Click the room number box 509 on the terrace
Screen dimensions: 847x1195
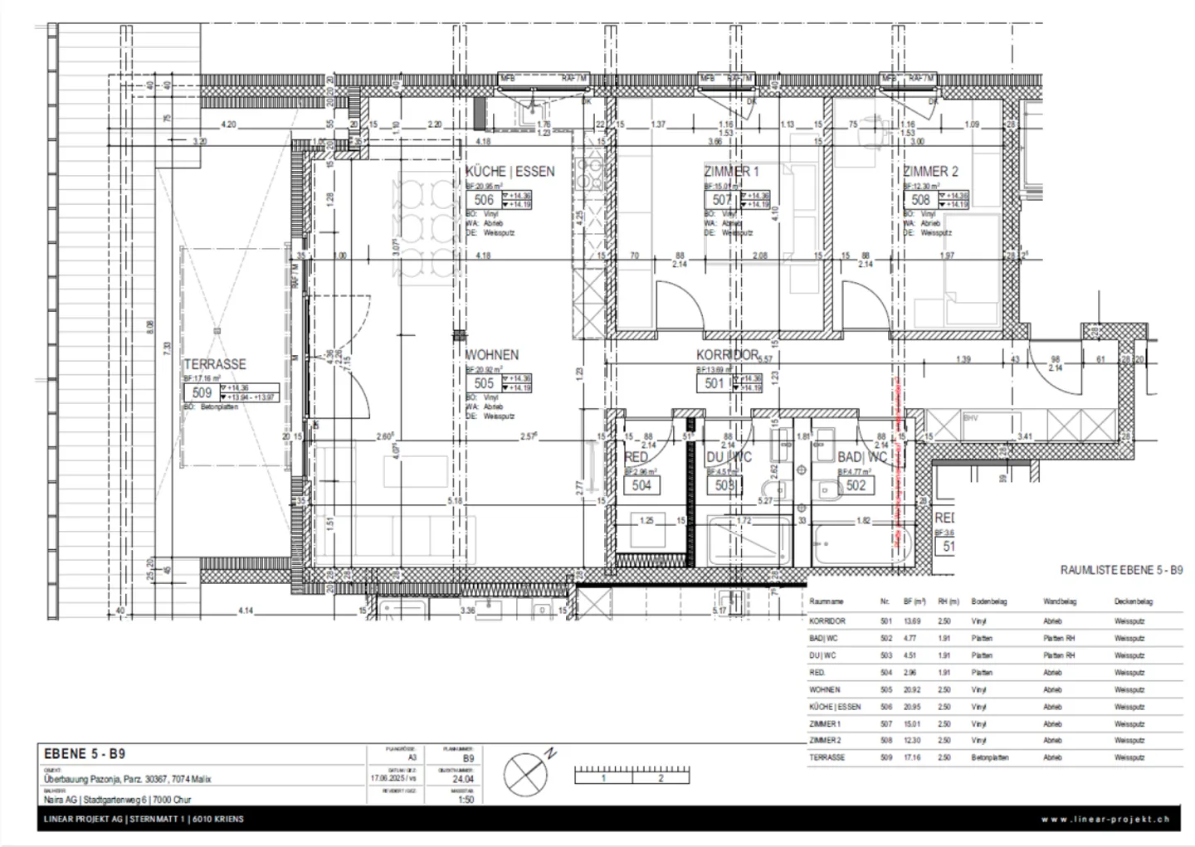click(202, 392)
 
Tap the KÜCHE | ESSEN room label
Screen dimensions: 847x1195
click(510, 172)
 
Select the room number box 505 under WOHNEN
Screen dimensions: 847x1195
click(484, 383)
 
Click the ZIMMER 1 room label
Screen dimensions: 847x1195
click(731, 172)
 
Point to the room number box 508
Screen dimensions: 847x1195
click(920, 200)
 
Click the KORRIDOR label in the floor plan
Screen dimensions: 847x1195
click(727, 355)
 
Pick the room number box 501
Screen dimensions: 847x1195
click(715, 383)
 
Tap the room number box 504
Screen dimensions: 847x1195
click(641, 485)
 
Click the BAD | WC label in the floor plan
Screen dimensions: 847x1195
click(862, 457)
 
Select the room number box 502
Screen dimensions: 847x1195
click(856, 485)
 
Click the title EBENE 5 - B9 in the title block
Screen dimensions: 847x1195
click(84, 754)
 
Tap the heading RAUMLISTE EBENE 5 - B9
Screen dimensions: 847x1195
click(1121, 571)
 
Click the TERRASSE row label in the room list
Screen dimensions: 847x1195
click(827, 757)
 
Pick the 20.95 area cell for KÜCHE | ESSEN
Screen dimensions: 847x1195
click(912, 707)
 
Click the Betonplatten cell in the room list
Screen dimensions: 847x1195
click(990, 757)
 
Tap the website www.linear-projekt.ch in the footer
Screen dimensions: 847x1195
click(1105, 819)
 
